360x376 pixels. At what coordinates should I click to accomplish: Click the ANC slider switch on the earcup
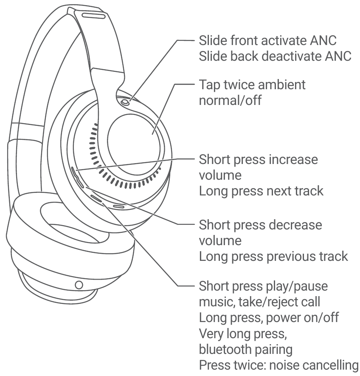(126, 102)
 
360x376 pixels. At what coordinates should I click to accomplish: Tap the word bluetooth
(226, 349)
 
